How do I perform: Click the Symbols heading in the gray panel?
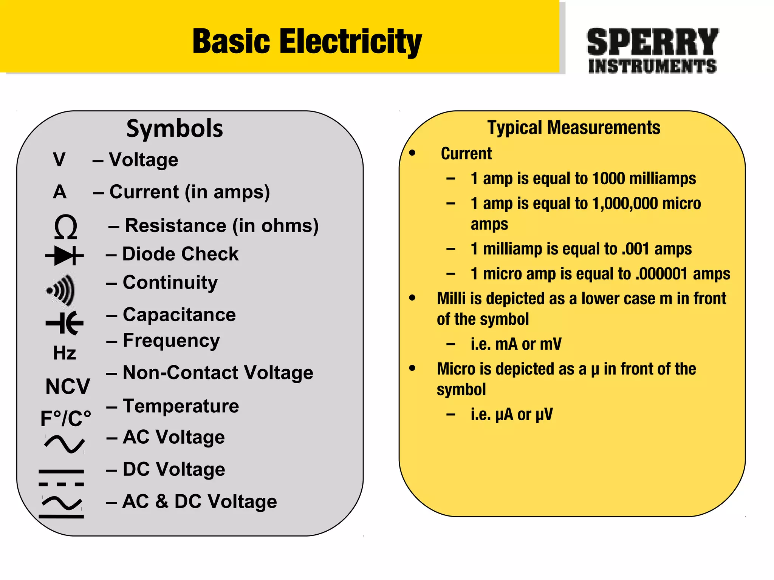(175, 128)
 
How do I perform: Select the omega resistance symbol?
(66, 227)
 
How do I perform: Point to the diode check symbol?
(65, 256)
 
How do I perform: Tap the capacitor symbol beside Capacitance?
(65, 323)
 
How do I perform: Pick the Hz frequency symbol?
(65, 353)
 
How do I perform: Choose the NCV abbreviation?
(68, 386)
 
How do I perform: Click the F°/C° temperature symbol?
(66, 418)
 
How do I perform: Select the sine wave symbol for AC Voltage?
(64, 444)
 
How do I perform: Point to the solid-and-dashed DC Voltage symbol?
(61, 478)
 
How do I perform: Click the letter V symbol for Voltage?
(59, 159)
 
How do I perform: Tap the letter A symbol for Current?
(60, 192)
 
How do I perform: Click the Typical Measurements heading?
(574, 128)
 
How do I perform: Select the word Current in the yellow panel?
(466, 154)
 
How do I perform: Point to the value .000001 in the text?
(661, 274)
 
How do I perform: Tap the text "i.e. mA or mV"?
(516, 344)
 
